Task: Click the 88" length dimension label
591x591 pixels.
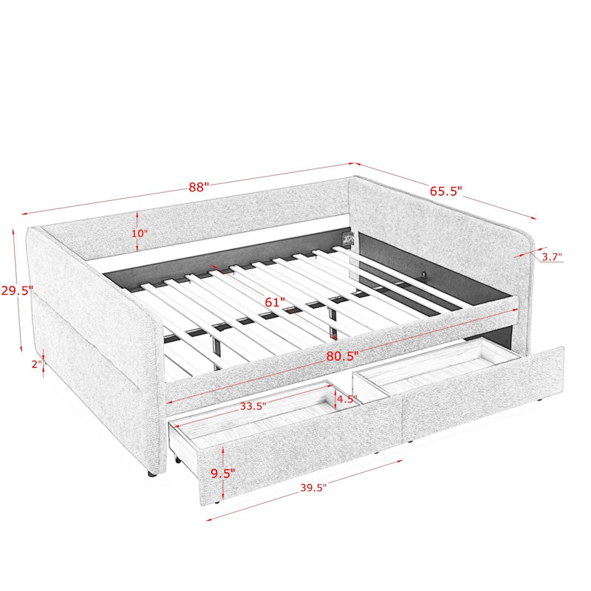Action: (x=199, y=187)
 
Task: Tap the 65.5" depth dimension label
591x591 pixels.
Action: (x=446, y=191)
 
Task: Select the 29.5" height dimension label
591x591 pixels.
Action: (x=17, y=290)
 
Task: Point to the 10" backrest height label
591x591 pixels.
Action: (x=140, y=233)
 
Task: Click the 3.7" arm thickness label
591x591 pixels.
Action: (x=552, y=257)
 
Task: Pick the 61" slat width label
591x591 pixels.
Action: (x=275, y=302)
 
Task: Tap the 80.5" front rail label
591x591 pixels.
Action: (x=342, y=356)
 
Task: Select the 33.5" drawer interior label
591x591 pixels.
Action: (x=253, y=406)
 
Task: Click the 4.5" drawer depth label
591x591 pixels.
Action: (x=346, y=399)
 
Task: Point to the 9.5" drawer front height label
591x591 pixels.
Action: (x=223, y=474)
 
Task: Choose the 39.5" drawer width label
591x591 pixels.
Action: (x=313, y=488)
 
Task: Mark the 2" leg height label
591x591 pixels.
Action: (x=37, y=364)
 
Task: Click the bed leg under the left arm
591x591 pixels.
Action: (x=151, y=474)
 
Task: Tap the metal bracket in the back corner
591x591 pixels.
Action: (x=347, y=239)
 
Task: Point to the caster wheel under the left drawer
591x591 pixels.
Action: (x=176, y=459)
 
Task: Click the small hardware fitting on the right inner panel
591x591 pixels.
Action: (x=424, y=276)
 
